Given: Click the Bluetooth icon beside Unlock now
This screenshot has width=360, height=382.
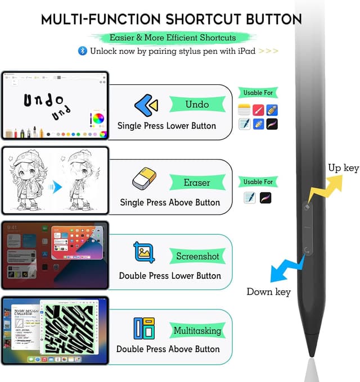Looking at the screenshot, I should (82, 51).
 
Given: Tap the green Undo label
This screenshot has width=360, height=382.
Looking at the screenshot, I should (197, 104).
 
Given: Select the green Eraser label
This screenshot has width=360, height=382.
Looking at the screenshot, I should (197, 182).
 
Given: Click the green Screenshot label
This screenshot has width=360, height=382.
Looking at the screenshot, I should (197, 256).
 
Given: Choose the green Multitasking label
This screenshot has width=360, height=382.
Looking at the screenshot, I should (197, 330).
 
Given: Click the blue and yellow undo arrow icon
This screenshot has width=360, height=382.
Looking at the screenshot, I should (146, 105).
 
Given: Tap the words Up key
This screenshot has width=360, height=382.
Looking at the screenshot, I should (343, 167).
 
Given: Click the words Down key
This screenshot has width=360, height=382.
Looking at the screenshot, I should (268, 292).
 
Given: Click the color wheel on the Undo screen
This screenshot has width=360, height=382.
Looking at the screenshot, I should (98, 119).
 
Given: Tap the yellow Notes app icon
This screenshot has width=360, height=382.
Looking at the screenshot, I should (244, 110).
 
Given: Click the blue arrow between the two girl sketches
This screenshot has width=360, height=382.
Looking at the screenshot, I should (56, 187).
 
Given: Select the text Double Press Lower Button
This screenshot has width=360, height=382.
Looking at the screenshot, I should (170, 276).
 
